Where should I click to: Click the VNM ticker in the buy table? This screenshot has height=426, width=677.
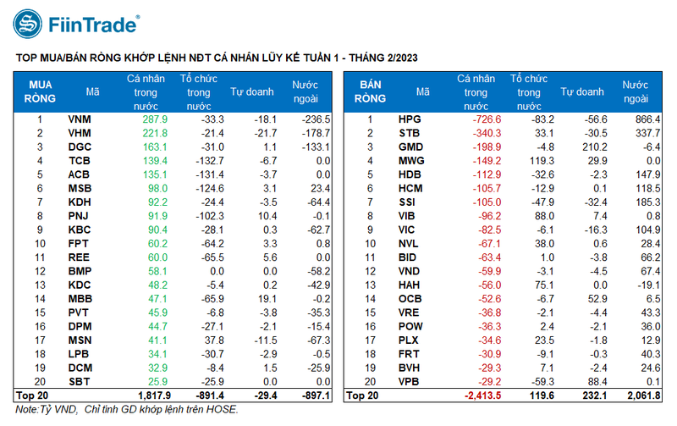(80, 120)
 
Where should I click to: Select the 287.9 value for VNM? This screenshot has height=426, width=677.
(154, 120)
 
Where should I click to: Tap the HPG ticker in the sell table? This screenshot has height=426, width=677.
(410, 120)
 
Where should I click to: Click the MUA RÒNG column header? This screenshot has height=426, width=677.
(40, 92)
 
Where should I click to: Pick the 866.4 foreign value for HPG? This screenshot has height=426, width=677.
(645, 120)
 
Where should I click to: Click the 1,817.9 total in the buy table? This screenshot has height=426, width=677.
(151, 396)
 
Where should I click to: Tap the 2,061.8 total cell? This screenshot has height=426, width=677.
(642, 396)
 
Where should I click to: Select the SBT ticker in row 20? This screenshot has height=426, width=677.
(79, 382)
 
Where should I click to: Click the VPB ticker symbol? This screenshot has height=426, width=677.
(410, 382)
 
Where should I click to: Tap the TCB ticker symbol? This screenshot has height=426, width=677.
(79, 161)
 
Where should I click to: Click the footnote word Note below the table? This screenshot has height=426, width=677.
(26, 410)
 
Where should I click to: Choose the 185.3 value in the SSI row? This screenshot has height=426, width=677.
(645, 202)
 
